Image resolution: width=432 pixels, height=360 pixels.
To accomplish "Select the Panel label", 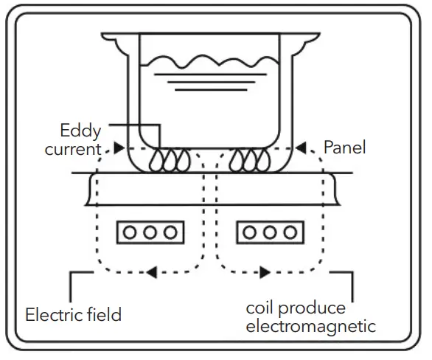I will click(344, 148).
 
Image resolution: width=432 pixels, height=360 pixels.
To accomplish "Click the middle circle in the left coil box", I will click(150, 232).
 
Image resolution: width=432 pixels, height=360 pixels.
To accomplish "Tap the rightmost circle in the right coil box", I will click(288, 232).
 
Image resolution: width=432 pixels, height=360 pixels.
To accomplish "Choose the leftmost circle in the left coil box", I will click(131, 232).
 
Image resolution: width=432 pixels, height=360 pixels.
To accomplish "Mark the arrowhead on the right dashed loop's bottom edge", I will click(263, 272).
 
